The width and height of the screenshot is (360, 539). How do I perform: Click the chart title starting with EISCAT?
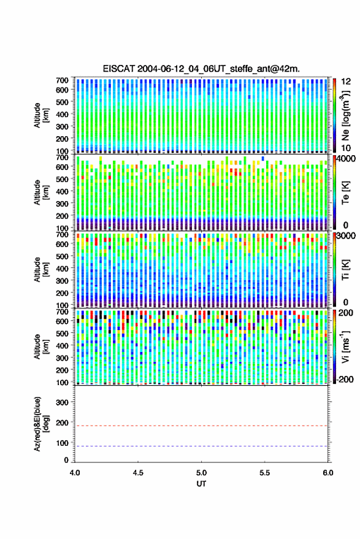coord(201,69)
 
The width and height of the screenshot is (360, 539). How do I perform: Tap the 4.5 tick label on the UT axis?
coord(138,473)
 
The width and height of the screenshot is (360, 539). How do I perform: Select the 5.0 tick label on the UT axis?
coord(201,473)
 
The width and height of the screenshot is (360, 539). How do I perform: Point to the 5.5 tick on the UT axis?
coord(264,473)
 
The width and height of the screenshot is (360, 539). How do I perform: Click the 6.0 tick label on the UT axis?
coord(327,473)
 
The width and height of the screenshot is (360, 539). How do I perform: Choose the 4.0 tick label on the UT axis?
coord(75,473)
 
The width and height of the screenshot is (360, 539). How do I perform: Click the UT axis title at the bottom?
coord(201,484)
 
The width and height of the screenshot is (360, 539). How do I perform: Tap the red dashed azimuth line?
coord(201,426)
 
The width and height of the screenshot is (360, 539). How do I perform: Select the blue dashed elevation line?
coord(201,446)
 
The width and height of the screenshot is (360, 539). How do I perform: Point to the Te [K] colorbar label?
coord(346,193)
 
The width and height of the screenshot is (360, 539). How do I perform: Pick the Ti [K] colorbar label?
coord(346,270)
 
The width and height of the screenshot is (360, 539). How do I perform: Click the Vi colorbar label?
coord(346,346)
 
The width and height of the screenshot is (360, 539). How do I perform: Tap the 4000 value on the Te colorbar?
coord(346,158)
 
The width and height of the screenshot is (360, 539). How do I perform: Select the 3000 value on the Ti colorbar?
coord(346,236)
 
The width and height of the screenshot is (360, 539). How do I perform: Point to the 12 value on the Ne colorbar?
coord(346,82)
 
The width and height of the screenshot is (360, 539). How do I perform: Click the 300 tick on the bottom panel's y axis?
coord(62,402)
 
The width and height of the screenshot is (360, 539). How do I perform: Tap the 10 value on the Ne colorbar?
coord(346,148)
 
